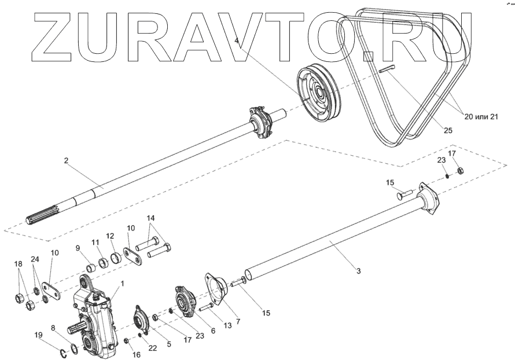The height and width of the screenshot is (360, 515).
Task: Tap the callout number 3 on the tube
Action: (x=359, y=270)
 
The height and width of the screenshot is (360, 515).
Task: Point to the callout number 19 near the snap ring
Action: (x=38, y=335)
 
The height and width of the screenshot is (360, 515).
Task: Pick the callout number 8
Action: (x=54, y=328)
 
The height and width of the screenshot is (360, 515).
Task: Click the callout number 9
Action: (x=78, y=248)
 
